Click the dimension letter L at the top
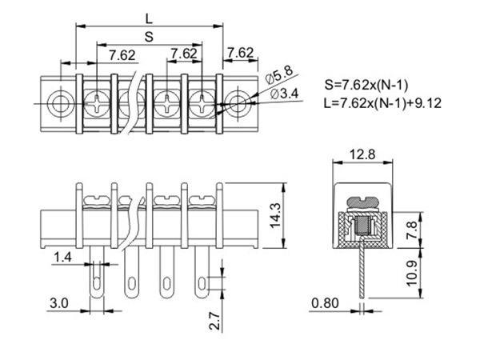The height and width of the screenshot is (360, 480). coord(150,17)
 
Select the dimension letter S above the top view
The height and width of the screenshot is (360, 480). coord(150,36)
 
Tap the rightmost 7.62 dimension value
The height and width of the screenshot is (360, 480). coord(240,54)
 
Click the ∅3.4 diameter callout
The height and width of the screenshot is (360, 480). coord(285,94)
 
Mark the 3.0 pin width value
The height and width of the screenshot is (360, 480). coord(58,305)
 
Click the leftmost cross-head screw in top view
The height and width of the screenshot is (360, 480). coord(96,102)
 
